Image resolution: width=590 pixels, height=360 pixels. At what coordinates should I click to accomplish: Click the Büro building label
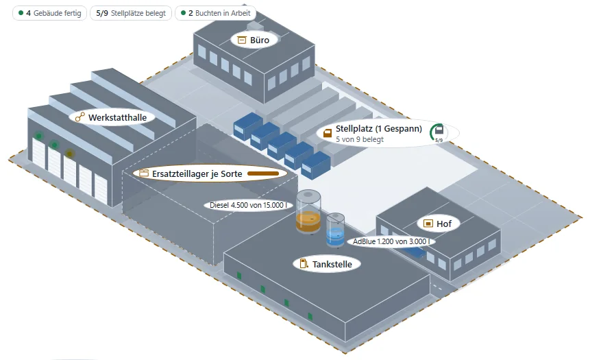click(254, 40)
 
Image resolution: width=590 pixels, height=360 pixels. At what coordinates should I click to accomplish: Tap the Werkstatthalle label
click(112, 117)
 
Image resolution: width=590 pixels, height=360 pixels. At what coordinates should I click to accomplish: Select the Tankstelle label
click(327, 264)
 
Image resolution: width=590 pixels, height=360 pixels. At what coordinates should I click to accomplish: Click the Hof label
click(439, 224)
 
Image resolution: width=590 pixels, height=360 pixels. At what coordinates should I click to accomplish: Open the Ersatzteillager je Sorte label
click(210, 173)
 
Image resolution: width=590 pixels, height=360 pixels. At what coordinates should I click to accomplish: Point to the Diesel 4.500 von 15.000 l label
click(248, 205)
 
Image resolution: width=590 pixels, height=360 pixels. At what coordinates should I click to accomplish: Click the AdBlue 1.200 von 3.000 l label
click(391, 241)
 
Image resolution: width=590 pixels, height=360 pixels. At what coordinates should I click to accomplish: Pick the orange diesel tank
click(308, 212)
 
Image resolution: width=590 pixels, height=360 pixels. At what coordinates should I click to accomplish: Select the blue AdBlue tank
click(335, 230)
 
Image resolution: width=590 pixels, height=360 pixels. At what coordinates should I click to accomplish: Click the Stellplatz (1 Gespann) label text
click(378, 129)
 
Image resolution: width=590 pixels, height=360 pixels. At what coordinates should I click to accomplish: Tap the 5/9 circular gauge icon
click(438, 133)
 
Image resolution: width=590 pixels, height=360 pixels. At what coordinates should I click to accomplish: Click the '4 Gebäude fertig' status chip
click(49, 13)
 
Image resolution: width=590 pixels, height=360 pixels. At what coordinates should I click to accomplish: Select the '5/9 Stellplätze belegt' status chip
click(131, 13)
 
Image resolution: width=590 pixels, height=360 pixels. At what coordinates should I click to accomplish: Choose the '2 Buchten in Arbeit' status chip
click(216, 13)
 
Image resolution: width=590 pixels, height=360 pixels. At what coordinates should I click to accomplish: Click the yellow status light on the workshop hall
click(69, 154)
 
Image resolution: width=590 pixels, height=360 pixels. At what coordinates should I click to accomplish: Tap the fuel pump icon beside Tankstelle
click(304, 263)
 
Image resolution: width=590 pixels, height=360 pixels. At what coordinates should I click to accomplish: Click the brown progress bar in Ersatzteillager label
click(263, 173)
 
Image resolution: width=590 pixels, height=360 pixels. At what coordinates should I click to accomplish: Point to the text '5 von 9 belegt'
click(359, 139)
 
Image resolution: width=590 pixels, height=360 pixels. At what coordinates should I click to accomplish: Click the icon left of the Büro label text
click(242, 40)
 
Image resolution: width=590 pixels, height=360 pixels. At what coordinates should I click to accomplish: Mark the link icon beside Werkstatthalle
click(79, 117)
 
